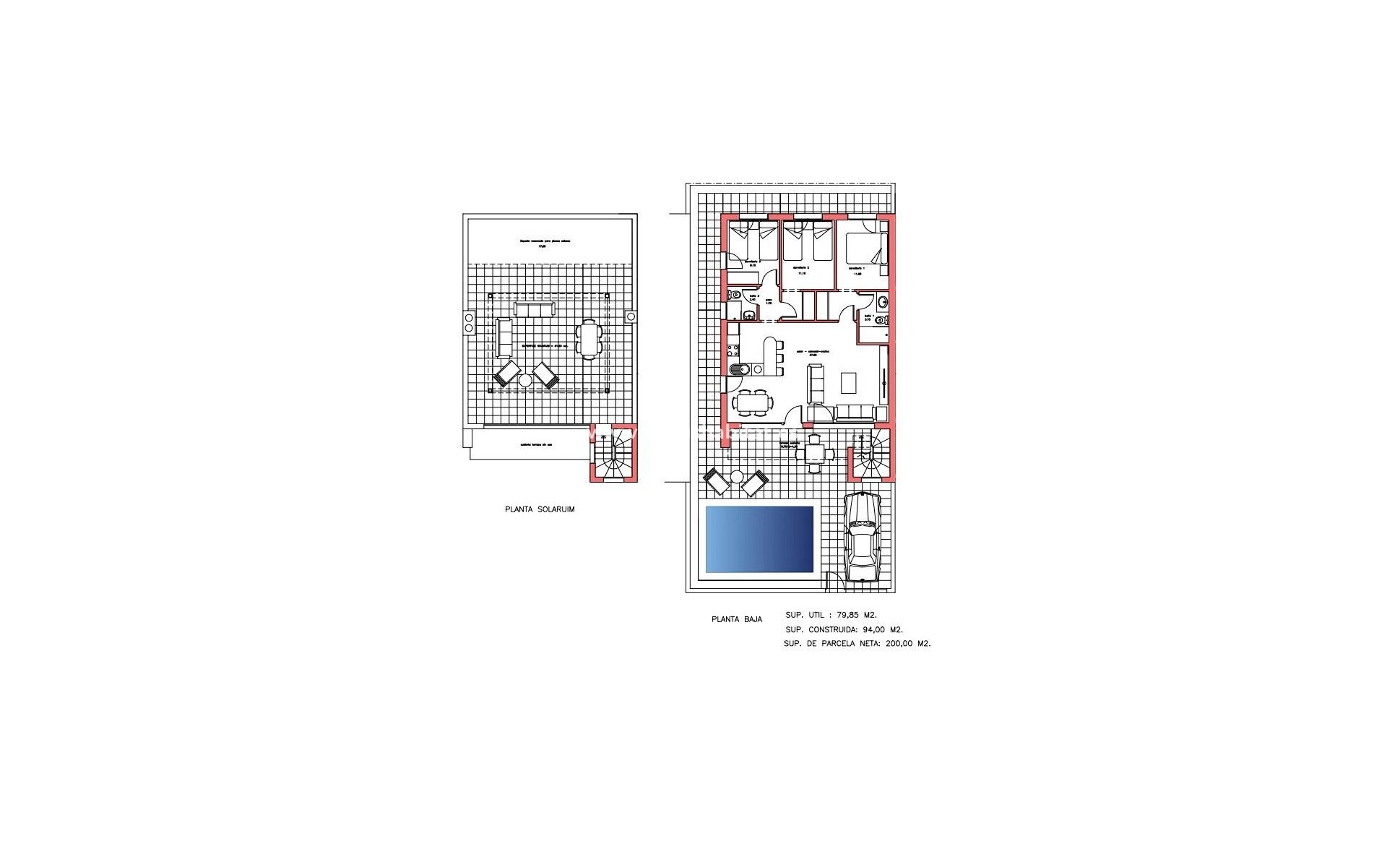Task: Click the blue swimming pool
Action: [759, 539]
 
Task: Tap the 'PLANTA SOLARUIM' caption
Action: [540, 509]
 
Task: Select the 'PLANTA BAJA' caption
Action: [736, 619]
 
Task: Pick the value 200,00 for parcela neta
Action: [900, 643]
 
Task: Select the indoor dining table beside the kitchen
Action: [752, 402]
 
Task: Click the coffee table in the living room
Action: [850, 382]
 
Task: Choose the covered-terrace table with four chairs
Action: [815, 454]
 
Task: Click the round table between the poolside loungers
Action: [737, 477]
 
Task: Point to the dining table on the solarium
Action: [589, 339]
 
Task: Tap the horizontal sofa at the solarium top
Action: [534, 309]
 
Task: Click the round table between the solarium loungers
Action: [525, 381]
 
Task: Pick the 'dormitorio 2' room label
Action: [803, 268]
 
